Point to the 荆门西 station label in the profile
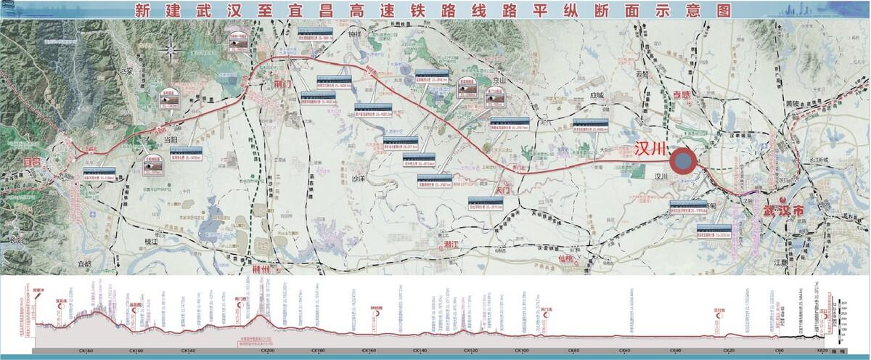click(242, 298)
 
